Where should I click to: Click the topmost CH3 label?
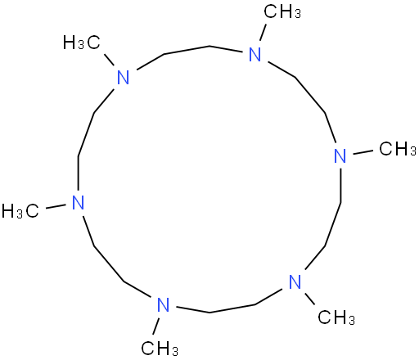point(282,12)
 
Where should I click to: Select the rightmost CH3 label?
point(398,149)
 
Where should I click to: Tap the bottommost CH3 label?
point(160,349)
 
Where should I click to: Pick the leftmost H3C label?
point(20,211)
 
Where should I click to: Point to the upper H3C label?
point(82,43)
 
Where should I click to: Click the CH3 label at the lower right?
point(336,317)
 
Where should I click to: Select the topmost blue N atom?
point(255,54)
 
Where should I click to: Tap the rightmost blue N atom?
point(340,156)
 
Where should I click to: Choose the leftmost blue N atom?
point(79,202)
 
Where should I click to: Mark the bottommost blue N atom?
point(164,304)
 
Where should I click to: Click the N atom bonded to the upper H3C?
point(123,78)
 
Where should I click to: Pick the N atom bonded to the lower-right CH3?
point(295,281)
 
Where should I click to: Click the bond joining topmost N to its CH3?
point(263,32)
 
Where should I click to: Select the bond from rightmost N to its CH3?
point(363,152)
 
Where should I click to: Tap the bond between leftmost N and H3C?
point(56,206)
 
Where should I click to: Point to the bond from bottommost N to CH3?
point(156,326)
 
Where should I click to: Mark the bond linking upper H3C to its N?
point(110,60)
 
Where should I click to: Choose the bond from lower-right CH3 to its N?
point(309,299)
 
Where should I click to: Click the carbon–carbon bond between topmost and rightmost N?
point(311,96)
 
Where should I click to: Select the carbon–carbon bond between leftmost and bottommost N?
point(108,264)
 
